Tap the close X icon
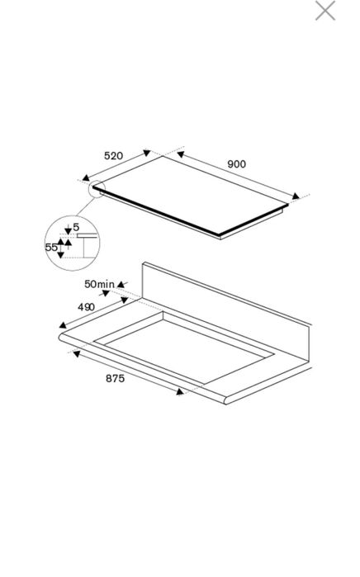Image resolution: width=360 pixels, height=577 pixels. [x=325, y=11]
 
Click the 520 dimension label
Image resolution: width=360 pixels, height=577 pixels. [x=114, y=155]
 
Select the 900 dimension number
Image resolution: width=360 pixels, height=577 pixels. [x=236, y=164]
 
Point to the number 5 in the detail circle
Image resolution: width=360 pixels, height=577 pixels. [x=76, y=227]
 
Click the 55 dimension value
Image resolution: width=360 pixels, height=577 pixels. [x=51, y=246]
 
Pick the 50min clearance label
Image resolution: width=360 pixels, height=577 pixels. [x=99, y=285]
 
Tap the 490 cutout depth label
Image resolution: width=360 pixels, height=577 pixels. [x=86, y=307]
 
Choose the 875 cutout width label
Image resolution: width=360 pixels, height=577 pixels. [x=115, y=378]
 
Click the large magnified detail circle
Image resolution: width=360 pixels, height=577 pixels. [x=72, y=244]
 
